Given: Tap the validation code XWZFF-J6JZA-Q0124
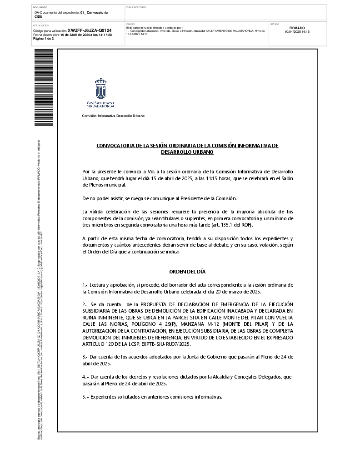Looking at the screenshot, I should click(x=90, y=30).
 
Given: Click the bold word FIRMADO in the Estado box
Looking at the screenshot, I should click(x=297, y=28).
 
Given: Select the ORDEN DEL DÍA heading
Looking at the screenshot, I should click(x=187, y=272).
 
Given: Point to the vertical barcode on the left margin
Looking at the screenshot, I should click(x=44, y=87).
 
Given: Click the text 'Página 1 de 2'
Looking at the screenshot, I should click(x=44, y=39).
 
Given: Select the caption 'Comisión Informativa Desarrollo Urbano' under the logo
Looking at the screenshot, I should click(x=113, y=116).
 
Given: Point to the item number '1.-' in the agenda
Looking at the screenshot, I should click(x=85, y=285).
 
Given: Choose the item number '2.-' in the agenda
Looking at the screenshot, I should click(x=85, y=304).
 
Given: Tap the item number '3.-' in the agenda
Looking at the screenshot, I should click(x=85, y=357).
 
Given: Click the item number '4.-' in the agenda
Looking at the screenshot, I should click(x=85, y=377).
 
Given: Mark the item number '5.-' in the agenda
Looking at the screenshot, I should click(x=85, y=397).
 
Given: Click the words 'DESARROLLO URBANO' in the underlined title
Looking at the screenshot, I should click(x=187, y=152).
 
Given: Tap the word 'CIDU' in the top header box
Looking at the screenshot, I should click(x=39, y=16).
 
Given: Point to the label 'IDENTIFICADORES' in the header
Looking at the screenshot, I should click(x=136, y=8).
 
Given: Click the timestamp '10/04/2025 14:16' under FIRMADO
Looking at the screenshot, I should click(x=297, y=32).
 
